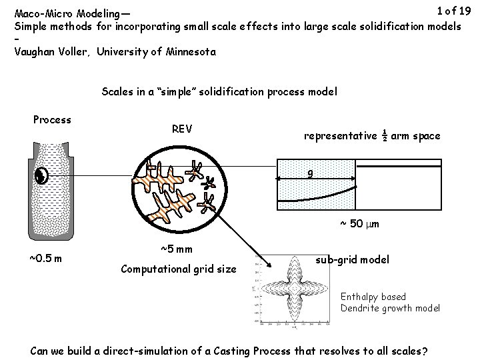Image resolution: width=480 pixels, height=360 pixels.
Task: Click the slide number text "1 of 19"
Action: [453, 11]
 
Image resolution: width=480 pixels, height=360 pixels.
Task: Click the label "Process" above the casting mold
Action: [52, 120]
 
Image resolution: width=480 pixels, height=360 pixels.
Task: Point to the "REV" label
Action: [182, 129]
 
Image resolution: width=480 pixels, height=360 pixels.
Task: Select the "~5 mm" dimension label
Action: [177, 249]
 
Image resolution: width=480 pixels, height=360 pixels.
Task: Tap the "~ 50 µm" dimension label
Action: [359, 224]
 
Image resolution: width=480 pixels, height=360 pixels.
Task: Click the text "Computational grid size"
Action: [178, 269]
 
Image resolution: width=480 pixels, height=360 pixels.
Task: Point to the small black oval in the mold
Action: [42, 176]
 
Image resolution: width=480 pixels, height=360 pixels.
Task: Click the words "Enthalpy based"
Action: [373, 297]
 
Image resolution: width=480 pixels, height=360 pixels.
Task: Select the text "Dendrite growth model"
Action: [390, 308]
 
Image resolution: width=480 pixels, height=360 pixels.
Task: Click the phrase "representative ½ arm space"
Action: [372, 136]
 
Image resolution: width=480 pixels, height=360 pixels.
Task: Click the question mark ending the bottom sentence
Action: [425, 351]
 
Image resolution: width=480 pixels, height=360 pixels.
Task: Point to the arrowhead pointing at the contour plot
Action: [267, 266]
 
